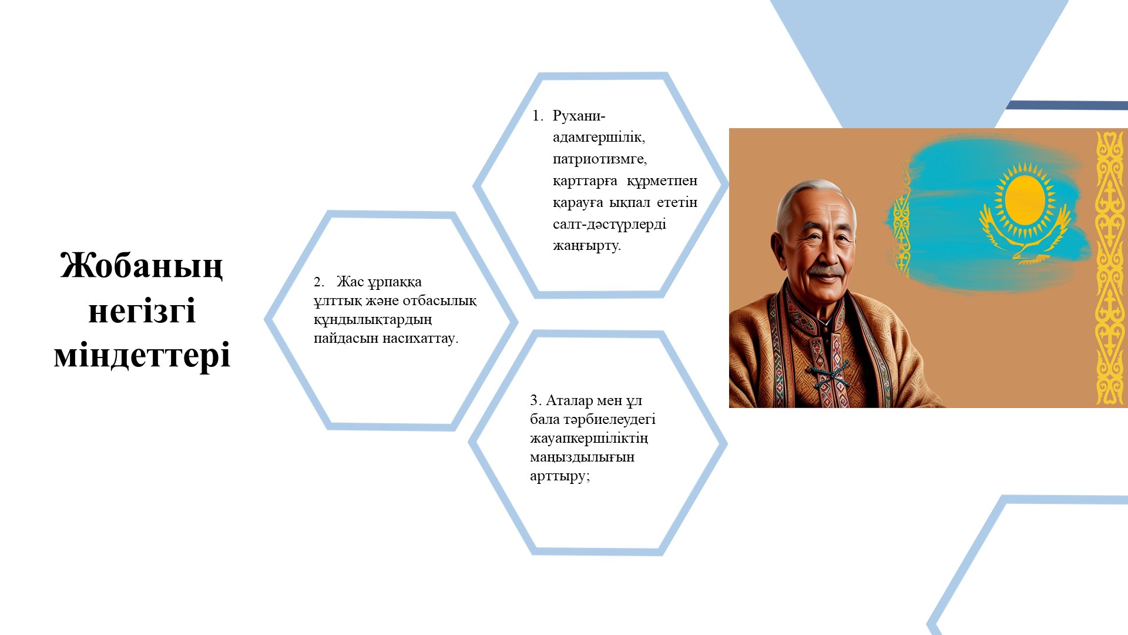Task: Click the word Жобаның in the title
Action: coord(142,265)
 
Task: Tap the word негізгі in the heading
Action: coord(142,310)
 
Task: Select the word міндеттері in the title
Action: coord(142,355)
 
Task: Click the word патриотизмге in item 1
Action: coord(599,159)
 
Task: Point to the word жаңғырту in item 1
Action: coord(586,246)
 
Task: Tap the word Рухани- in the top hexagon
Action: coord(578,116)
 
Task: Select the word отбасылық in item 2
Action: coord(440,301)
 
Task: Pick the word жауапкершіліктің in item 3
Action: coord(589,439)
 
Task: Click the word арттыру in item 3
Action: coord(559,476)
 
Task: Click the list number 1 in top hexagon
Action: coord(536,116)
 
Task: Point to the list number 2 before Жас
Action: coord(318,282)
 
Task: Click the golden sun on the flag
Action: coord(1025,200)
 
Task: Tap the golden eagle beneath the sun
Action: coord(1025,241)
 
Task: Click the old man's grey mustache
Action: coord(826,271)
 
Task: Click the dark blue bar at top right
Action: coord(1066,105)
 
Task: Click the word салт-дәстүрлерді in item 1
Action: coord(609,224)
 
